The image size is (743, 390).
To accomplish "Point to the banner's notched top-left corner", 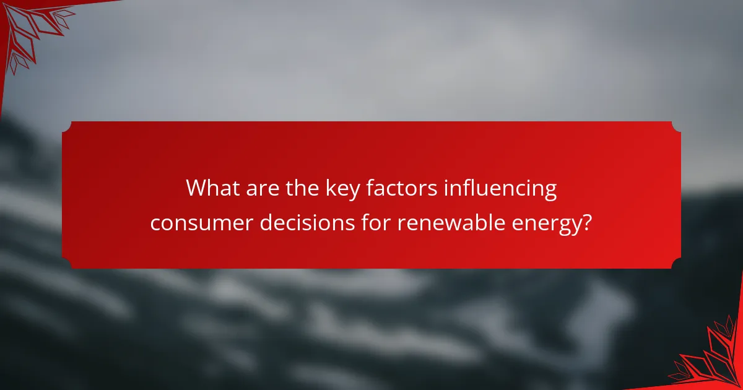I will (66, 126).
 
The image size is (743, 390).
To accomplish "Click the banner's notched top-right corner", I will (676, 126).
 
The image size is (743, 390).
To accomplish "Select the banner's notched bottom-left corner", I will (66, 264).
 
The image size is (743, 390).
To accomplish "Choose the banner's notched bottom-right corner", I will (676, 264).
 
